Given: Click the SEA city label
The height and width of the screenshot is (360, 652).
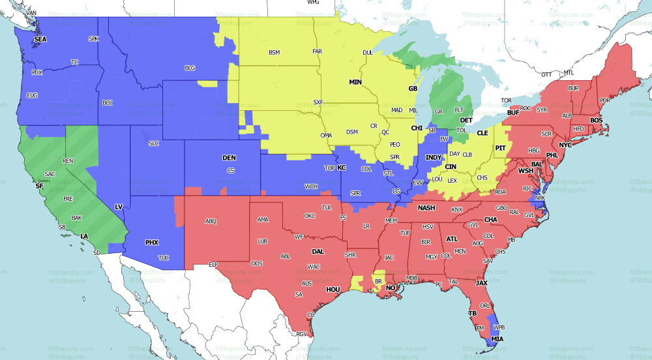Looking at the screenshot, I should [40, 39].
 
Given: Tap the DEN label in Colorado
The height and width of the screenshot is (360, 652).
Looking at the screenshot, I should [229, 158].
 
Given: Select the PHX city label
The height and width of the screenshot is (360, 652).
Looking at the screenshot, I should [151, 243].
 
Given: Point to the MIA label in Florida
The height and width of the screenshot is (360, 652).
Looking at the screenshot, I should [497, 339].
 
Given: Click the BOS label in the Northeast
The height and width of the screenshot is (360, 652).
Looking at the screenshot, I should [597, 121].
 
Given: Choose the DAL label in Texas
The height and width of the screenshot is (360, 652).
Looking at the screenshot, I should [318, 251].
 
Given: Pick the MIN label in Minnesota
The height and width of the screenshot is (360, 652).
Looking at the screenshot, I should [355, 82].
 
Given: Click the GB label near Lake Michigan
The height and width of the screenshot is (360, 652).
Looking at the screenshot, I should [412, 89].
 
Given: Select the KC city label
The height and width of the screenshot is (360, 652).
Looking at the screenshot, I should [341, 168].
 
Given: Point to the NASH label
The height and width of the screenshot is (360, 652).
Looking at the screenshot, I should [426, 208].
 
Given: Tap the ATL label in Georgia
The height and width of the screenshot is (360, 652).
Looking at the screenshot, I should [452, 239].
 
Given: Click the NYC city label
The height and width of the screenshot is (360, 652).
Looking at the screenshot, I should [565, 144].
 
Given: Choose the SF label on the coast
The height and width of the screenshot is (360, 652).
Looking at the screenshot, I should [38, 187].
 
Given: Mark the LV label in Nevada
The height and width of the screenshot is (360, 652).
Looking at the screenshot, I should [119, 207].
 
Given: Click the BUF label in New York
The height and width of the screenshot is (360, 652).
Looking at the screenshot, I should [513, 113].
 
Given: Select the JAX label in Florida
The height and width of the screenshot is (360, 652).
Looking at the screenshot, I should [482, 283].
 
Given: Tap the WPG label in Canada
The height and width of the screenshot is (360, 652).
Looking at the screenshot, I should [313, 3].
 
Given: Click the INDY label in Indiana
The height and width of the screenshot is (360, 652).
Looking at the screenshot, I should [433, 158].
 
